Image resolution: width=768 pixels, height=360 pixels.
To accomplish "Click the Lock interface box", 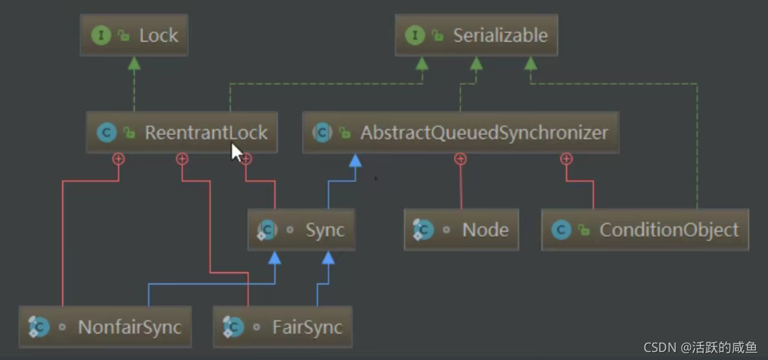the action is (134, 35).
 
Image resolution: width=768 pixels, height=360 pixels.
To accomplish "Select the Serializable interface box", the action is (476, 35).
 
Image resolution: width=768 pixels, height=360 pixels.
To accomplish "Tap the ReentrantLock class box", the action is (182, 132).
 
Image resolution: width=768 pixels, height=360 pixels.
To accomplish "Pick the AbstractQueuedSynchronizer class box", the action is (461, 132).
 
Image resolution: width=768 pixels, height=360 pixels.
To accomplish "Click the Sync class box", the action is (302, 229).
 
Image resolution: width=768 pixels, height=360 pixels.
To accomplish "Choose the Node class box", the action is (461, 229).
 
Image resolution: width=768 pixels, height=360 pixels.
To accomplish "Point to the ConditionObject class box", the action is (645, 229).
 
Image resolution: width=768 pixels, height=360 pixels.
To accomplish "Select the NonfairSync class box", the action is (105, 327).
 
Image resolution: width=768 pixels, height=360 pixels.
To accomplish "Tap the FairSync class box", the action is (282, 327).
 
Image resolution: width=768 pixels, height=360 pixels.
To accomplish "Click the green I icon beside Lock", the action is (101, 35).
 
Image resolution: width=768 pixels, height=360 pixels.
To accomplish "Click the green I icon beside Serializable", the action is (415, 35).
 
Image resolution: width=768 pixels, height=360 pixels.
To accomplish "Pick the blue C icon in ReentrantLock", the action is (107, 132).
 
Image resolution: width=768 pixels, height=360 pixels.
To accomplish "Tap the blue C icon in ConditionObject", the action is (561, 229).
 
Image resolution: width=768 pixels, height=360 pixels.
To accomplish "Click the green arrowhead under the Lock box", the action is (134, 63).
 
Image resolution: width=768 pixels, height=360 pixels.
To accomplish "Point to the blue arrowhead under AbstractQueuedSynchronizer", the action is (355, 160).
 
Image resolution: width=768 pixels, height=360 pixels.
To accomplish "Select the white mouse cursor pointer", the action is (237, 152).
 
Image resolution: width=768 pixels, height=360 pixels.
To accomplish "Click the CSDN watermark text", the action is (700, 347).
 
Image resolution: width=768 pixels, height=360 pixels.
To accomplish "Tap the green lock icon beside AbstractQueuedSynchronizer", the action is (345, 133).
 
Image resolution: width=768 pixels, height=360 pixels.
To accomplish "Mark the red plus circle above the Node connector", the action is (460, 158).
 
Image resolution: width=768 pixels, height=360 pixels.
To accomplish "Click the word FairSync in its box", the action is (307, 328).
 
